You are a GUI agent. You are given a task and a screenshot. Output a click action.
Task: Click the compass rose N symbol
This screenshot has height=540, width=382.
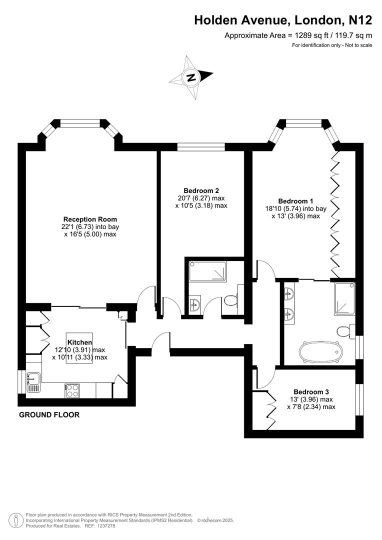190,77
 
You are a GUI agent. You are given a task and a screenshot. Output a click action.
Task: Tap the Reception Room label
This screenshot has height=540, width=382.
90,219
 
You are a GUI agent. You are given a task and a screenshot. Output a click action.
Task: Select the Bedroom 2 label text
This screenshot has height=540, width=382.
201,190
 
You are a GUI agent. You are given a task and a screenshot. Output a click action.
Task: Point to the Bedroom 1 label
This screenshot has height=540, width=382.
292,201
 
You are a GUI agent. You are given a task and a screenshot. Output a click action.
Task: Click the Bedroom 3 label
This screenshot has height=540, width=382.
311,392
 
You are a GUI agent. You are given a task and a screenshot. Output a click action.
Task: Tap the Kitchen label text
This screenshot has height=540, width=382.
79,342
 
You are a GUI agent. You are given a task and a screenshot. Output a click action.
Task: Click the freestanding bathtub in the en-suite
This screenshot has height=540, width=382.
319,351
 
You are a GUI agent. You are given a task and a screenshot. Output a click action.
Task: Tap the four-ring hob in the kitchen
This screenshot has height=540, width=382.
71,390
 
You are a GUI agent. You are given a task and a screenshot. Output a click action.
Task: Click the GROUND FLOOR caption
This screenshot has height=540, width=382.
49,415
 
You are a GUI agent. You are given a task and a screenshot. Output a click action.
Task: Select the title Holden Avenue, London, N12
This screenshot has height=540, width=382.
282,20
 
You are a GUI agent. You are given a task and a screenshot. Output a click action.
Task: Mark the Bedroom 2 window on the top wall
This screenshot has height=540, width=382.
201,146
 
